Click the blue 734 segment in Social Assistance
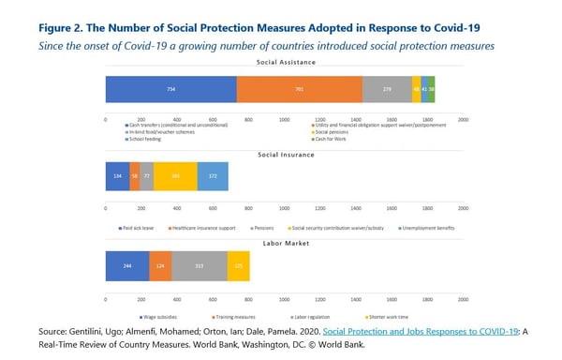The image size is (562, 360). point(170,89)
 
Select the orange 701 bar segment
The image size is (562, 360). point(299,89)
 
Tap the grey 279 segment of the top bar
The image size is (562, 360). point(387,89)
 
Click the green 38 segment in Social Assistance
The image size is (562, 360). point(431,89)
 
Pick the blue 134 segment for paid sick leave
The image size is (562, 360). point(117,176)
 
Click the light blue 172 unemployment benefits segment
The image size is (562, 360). point(213,176)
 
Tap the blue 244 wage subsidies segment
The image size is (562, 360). point(126,265)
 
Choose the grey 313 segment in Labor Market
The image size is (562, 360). point(199,265)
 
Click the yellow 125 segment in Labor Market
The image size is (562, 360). point(238,265)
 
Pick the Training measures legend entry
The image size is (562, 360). point(192,316)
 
